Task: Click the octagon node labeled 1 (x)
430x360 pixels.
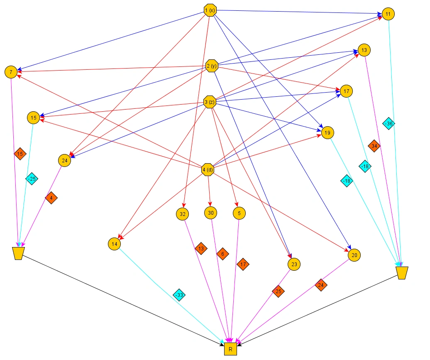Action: pos(210,10)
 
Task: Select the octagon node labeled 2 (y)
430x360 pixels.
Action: pos(212,66)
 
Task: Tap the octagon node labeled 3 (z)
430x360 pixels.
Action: pos(210,102)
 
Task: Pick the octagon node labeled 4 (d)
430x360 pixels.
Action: pos(208,169)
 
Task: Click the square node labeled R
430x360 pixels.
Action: pos(230,349)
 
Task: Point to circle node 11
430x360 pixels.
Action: pos(388,14)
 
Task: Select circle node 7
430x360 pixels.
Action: pos(11,72)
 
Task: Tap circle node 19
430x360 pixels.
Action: pos(327,133)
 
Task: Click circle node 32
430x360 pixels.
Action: pos(182,214)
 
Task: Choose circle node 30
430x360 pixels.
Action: pos(211,213)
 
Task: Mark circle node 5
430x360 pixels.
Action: pos(239,213)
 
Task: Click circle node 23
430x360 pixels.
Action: pos(294,264)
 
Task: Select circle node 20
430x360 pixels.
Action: pos(354,255)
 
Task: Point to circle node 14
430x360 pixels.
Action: pos(115,244)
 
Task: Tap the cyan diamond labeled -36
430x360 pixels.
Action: pos(389,123)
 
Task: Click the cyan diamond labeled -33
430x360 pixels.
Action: pos(179,295)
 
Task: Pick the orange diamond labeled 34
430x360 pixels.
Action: pos(374,146)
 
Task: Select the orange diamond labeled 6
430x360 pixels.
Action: pos(222,254)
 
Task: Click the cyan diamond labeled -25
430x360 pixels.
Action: pos(32,179)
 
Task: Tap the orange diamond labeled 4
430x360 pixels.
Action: pos(51,198)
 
